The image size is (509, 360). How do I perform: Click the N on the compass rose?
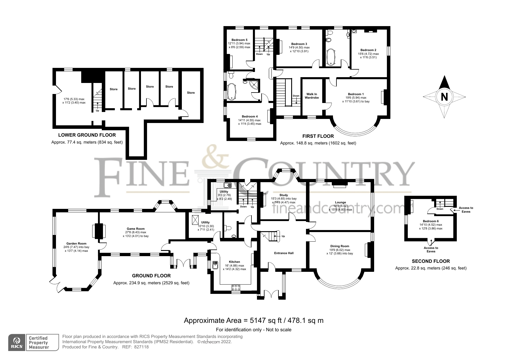click(444, 97)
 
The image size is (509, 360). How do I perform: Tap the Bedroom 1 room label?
click(356, 94)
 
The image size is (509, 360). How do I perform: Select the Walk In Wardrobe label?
click(311, 96)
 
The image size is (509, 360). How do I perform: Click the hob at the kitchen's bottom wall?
click(236, 287)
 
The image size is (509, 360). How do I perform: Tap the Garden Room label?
click(76, 243)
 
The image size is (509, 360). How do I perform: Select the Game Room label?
click(135, 229)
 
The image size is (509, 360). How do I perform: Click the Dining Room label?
click(339, 246)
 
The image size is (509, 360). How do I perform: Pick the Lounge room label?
click(340, 202)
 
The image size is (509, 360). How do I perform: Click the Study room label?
click(283, 195)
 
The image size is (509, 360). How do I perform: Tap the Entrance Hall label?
click(284, 253)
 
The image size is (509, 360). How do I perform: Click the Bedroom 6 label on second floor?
click(430, 221)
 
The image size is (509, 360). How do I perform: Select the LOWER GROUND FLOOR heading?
click(87, 135)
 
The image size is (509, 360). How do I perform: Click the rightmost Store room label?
click(191, 93)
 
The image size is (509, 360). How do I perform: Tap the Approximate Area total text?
click(253, 320)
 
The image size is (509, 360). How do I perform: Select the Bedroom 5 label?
click(239, 40)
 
